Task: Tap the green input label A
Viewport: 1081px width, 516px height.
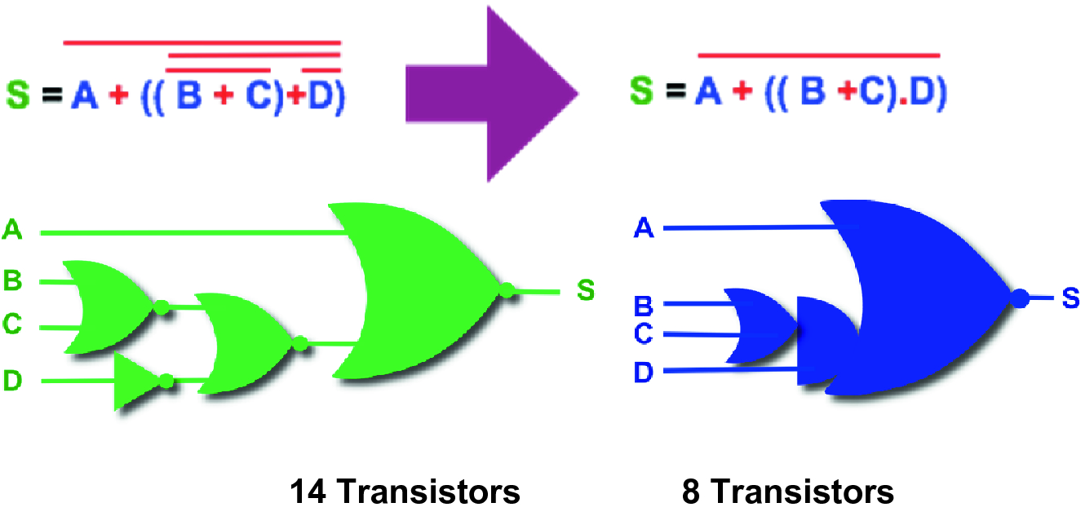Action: [12, 232]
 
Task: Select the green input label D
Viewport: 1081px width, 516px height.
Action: [12, 381]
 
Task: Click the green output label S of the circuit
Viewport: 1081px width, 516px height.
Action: [586, 289]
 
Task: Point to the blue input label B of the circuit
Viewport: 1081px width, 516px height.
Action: [645, 307]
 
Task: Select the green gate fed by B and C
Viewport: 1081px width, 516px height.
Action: [106, 307]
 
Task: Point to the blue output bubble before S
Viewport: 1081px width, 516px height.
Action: [1019, 299]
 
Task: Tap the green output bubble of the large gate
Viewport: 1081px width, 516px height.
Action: [507, 289]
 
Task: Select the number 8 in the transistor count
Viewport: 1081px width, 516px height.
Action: [692, 492]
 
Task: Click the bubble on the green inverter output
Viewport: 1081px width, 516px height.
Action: [166, 380]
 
